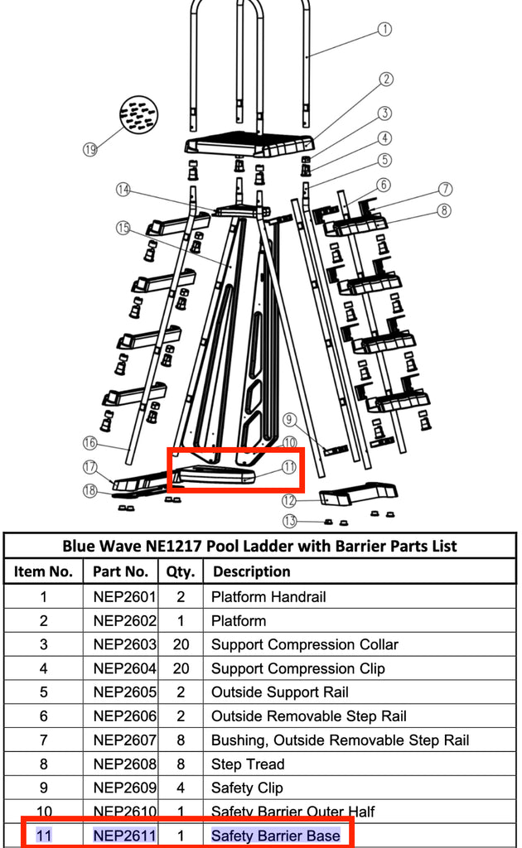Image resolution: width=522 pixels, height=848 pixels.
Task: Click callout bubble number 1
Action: pos(384,30)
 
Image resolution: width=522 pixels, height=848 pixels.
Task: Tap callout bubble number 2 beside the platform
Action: pos(386,79)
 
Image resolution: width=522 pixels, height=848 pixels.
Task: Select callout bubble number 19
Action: pos(90,150)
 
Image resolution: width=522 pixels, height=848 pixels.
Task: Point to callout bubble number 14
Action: pos(123,190)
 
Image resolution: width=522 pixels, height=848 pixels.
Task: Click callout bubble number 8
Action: pos(445,210)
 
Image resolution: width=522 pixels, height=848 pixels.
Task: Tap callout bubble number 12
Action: pos(288,500)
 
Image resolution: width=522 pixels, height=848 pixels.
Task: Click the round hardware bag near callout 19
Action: pos(138,114)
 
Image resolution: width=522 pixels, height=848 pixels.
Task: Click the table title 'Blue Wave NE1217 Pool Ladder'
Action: pos(260,546)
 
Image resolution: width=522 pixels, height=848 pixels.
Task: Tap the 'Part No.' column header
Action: pos(120,571)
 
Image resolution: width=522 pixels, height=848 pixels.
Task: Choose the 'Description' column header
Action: pos(251,571)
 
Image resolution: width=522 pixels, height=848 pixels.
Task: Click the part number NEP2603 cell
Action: pos(124,644)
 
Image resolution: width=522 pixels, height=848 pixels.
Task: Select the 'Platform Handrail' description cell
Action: pos(268,596)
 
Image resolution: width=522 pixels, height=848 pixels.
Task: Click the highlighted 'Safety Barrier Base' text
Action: pos(275,836)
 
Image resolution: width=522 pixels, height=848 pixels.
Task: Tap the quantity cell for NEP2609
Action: pos(181,788)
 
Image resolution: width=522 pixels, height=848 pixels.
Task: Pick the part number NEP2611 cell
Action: pos(124,836)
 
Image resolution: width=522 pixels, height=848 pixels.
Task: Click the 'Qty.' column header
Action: pos(181,571)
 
